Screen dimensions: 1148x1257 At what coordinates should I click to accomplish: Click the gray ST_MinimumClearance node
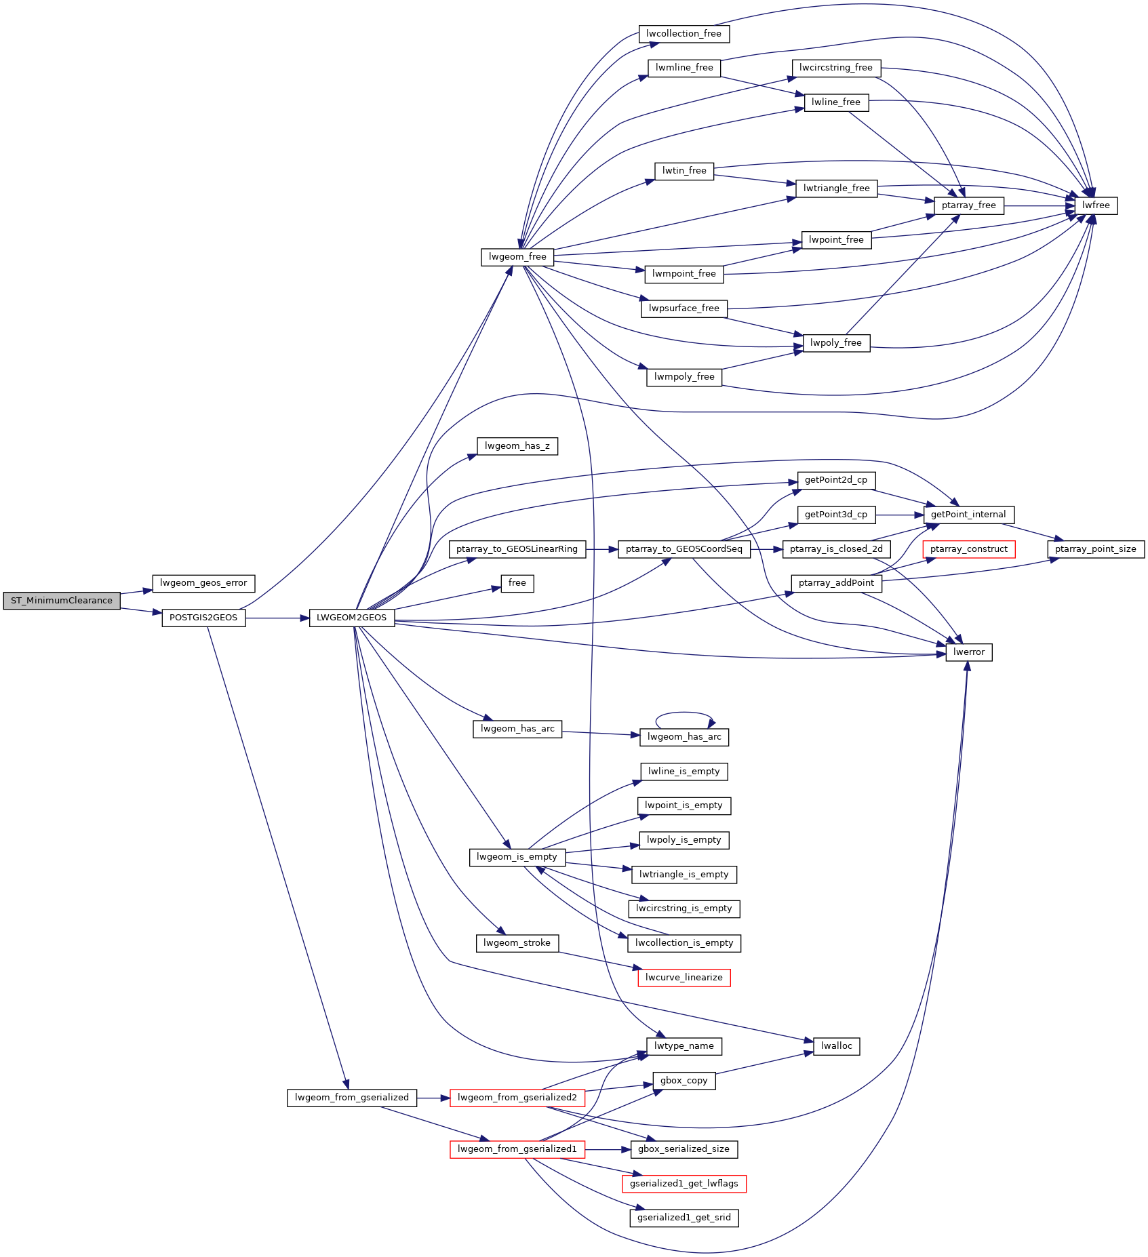tap(62, 601)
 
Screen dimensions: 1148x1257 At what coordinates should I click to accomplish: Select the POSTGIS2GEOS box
tap(203, 618)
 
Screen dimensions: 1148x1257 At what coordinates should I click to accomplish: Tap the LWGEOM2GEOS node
tap(352, 618)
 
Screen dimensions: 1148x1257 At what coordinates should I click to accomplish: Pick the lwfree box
tap(1096, 205)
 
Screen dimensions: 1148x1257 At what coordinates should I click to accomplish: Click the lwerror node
tap(969, 652)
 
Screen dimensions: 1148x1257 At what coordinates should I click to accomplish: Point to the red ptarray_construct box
tap(969, 549)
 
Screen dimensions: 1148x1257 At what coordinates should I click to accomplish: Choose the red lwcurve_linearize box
tap(684, 978)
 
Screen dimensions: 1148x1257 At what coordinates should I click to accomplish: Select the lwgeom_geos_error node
tap(203, 583)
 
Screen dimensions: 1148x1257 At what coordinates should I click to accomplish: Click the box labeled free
tap(517, 583)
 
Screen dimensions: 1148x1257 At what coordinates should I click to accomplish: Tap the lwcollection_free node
tap(684, 34)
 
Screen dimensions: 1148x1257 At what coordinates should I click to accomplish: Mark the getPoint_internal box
tap(969, 515)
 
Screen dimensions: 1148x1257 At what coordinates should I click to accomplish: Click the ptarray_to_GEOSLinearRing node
tap(517, 549)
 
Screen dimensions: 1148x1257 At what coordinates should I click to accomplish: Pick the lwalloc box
tap(837, 1046)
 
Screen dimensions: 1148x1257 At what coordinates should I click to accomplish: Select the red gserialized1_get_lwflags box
tap(684, 1184)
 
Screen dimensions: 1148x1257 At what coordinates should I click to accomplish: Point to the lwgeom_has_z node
tap(517, 446)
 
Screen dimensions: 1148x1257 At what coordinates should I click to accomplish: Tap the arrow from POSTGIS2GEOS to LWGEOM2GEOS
tap(277, 618)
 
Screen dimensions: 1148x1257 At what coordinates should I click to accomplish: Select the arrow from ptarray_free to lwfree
tap(1040, 205)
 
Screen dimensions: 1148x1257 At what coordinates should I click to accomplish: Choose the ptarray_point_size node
tap(1096, 549)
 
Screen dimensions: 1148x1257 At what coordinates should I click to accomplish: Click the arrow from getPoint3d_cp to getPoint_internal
tap(900, 515)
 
